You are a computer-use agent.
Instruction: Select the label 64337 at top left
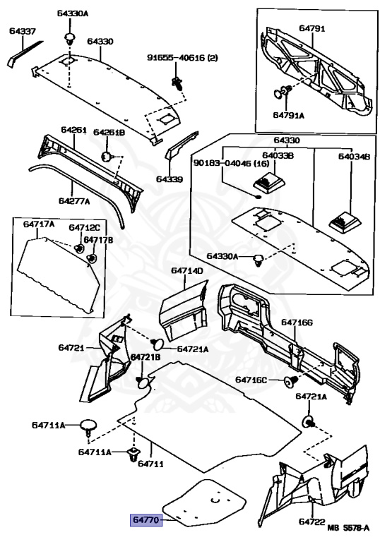[x=23, y=30]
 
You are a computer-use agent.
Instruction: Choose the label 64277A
[x=74, y=200]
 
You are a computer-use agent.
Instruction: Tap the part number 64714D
[x=186, y=271]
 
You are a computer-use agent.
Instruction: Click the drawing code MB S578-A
[x=350, y=527]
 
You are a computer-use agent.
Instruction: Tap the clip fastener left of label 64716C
[x=289, y=382]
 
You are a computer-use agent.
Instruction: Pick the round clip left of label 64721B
[x=144, y=382]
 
